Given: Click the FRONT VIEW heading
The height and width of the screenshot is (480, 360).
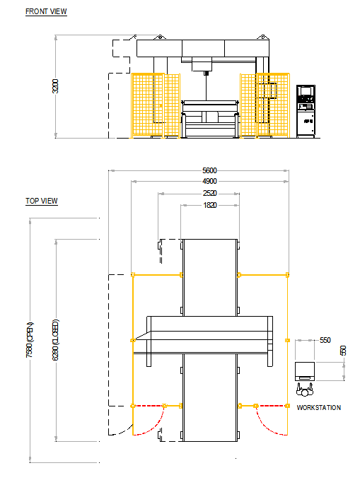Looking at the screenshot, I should (46, 12).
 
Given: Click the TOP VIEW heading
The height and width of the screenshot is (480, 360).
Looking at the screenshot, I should (42, 201).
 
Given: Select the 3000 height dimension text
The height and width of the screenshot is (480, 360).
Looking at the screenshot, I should (56, 88).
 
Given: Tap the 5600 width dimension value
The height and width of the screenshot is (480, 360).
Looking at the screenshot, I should (209, 170).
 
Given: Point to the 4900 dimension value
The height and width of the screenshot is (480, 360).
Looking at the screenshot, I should (209, 182).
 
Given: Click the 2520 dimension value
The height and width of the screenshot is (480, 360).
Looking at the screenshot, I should (209, 193).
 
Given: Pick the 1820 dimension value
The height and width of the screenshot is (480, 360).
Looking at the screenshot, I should (209, 205).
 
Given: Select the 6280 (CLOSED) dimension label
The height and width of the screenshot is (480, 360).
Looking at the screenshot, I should (56, 341).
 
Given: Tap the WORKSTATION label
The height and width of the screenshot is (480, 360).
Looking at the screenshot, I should (319, 408).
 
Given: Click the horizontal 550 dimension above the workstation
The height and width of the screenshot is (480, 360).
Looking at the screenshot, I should (325, 340).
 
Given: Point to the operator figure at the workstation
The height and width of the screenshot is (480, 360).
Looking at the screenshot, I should (305, 388).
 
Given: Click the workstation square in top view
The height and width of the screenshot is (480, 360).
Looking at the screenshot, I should (305, 370).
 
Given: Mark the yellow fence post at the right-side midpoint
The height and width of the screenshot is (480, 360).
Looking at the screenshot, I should (287, 340).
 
